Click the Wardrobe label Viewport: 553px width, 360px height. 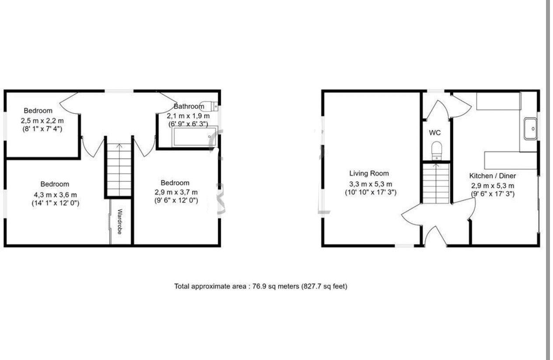119,221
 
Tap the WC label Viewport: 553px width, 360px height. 435,133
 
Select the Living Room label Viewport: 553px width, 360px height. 369,173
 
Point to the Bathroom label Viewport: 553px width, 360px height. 189,106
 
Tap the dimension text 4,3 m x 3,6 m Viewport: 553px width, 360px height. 55,194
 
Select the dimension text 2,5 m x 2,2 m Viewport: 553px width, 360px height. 42,120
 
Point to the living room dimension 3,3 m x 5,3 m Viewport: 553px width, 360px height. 371,184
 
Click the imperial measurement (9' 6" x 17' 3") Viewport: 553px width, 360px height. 492,193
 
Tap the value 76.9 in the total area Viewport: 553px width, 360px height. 259,287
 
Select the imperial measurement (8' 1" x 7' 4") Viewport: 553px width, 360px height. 42,129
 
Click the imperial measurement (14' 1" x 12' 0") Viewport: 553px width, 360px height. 55,203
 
